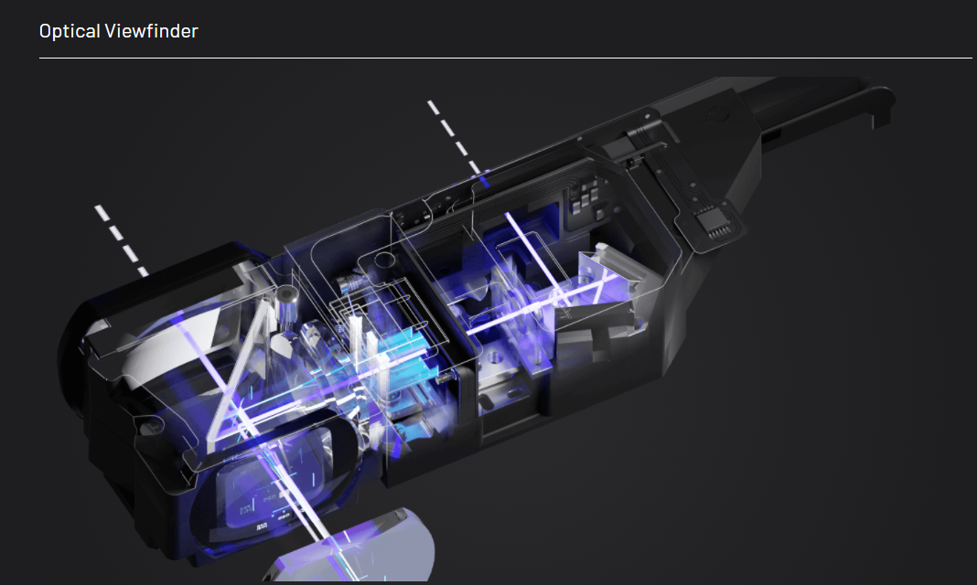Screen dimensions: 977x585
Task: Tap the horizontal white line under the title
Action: tap(505, 58)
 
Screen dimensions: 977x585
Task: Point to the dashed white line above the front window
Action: tap(122, 240)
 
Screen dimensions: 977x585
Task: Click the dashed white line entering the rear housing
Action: tap(455, 137)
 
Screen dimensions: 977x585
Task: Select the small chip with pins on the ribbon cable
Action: tap(713, 222)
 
